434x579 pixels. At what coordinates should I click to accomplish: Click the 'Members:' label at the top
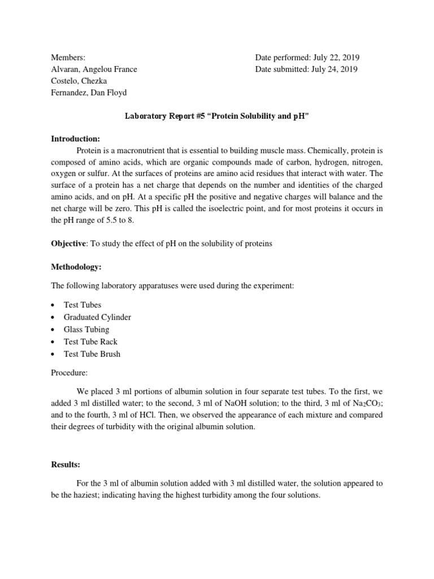pos(68,58)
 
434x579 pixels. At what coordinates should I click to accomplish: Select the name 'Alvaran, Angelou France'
pos(94,70)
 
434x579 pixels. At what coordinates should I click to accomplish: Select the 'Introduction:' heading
pos(75,139)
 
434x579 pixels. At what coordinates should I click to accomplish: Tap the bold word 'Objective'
pos(68,244)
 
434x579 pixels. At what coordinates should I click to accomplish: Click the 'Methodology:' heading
pos(77,266)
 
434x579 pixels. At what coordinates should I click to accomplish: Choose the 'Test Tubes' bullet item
pos(83,305)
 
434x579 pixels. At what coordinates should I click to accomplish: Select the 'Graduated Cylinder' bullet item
pos(97,317)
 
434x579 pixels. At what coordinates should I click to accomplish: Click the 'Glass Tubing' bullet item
pos(86,330)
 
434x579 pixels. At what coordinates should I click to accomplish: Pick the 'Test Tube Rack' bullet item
pos(90,342)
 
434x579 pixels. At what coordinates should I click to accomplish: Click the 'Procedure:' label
pos(70,373)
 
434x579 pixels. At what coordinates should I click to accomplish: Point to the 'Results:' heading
pos(66,464)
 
